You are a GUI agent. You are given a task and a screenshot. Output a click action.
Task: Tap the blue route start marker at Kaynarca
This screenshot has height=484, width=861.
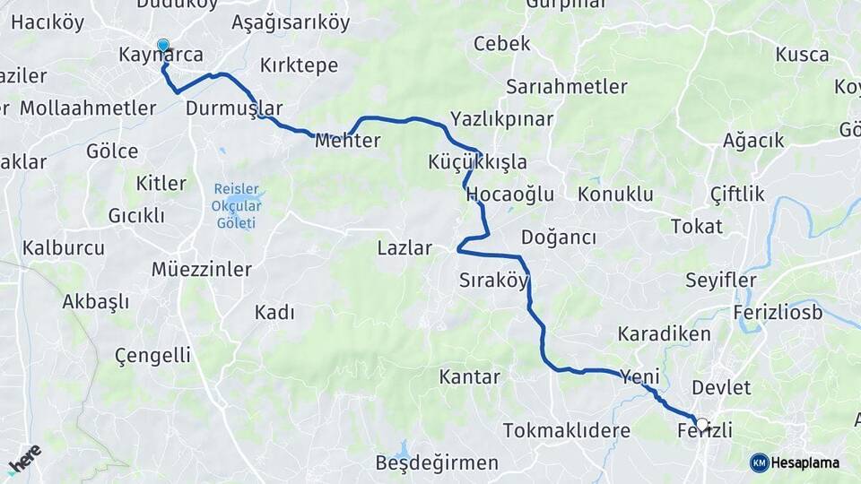click(162, 44)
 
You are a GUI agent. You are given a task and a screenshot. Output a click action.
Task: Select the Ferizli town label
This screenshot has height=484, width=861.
click(704, 431)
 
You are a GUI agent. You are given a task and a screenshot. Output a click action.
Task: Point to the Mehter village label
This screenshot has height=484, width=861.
click(348, 141)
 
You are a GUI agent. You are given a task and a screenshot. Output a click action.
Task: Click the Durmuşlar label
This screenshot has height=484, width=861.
click(233, 108)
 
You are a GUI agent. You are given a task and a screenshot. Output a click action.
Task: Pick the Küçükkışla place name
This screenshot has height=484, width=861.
click(477, 162)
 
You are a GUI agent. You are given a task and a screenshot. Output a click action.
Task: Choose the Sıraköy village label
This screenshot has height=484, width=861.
click(493, 280)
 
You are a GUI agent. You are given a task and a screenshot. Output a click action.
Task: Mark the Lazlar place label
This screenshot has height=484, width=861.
click(404, 248)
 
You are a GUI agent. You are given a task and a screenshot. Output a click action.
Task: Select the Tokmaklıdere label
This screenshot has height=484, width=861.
click(566, 431)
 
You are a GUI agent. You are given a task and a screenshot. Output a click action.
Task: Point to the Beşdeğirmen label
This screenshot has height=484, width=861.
click(437, 463)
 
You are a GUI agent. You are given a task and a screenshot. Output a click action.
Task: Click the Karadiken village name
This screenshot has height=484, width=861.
click(664, 334)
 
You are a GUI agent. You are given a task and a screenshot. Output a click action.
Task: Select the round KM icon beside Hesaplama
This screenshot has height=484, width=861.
click(759, 462)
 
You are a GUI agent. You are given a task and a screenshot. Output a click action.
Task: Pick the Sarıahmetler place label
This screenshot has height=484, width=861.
click(566, 87)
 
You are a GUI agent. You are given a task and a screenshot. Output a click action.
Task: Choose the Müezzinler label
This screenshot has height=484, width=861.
click(201, 269)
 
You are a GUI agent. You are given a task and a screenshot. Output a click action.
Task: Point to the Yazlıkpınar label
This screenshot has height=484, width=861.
click(501, 119)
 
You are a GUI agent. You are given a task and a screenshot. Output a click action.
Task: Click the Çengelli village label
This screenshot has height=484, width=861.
click(152, 356)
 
